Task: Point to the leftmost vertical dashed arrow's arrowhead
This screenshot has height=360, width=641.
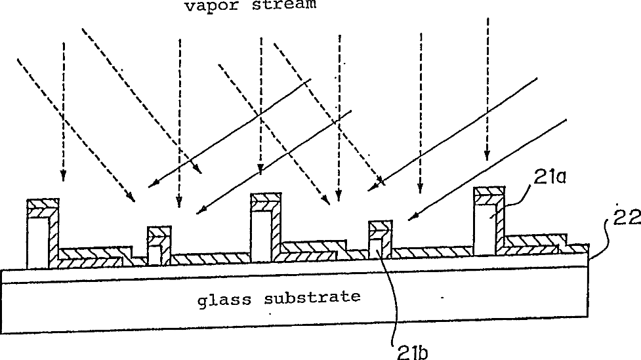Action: coord(64,175)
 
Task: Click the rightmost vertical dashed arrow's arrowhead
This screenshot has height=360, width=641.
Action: coord(487,156)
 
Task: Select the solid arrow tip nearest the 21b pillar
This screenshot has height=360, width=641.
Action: coord(411,218)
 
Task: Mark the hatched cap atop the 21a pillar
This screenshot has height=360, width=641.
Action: coord(489,195)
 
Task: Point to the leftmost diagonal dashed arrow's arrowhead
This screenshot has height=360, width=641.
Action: coord(131,197)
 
